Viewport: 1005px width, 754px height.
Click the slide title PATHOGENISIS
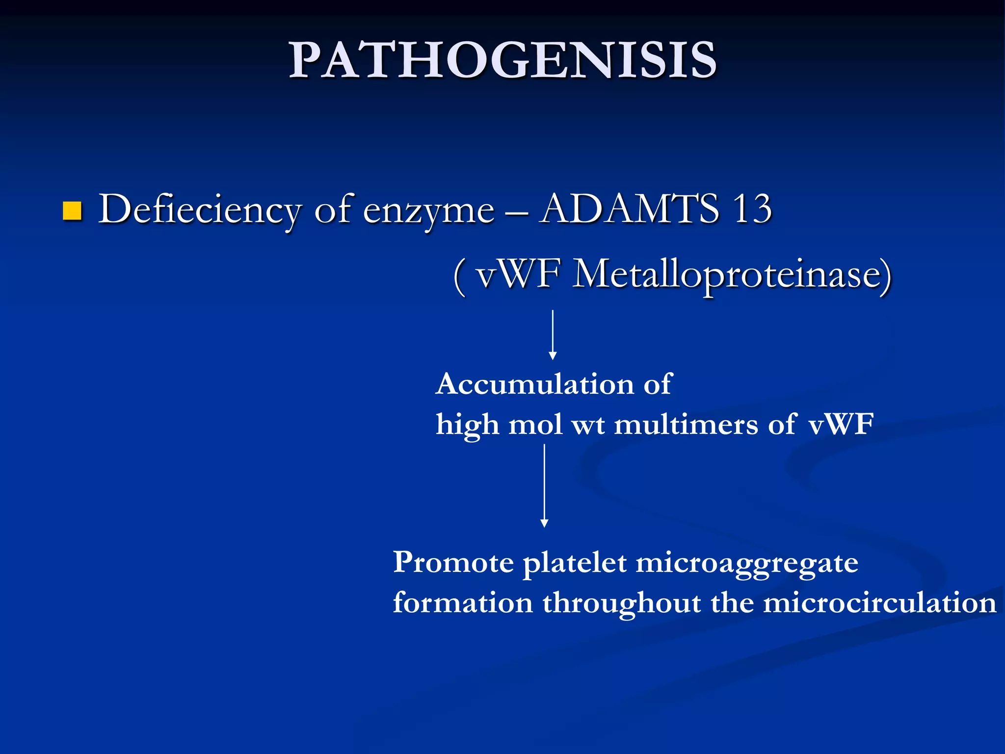(x=502, y=60)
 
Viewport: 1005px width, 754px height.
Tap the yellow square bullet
(x=72, y=211)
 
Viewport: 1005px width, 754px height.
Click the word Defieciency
(x=199, y=210)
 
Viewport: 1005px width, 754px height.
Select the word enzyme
(x=428, y=212)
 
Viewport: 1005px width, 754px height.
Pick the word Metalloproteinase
(x=731, y=275)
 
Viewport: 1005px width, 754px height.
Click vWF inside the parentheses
(x=518, y=274)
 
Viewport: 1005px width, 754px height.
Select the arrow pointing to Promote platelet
(x=544, y=486)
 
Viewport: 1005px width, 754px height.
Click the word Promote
(x=453, y=563)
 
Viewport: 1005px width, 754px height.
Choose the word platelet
(x=574, y=563)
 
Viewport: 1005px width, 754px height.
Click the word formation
(x=463, y=603)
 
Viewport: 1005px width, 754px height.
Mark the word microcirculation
(x=879, y=603)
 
